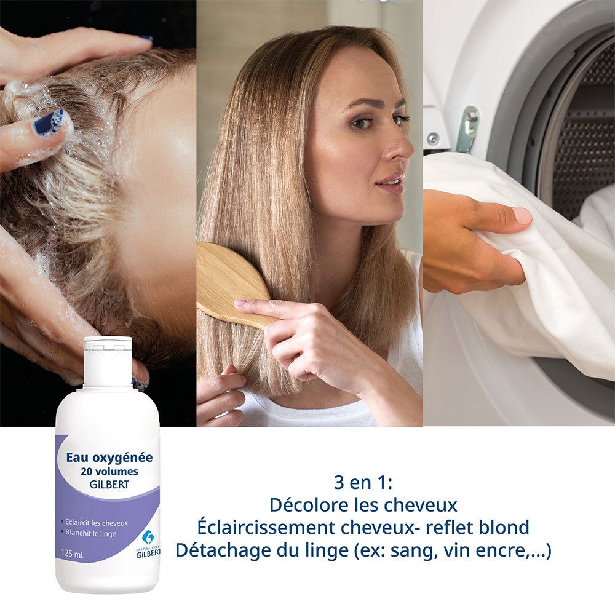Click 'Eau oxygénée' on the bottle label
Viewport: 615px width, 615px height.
pos(109,458)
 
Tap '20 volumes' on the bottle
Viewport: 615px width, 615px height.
pos(109,472)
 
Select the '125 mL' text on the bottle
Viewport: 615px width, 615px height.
pos(73,553)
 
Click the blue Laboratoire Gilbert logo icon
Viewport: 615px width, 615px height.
pos(147,537)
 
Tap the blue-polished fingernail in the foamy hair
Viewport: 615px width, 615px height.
pos(49,122)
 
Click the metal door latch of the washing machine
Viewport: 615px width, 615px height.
pos(470,128)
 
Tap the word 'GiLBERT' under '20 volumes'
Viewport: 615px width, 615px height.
pos(109,484)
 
